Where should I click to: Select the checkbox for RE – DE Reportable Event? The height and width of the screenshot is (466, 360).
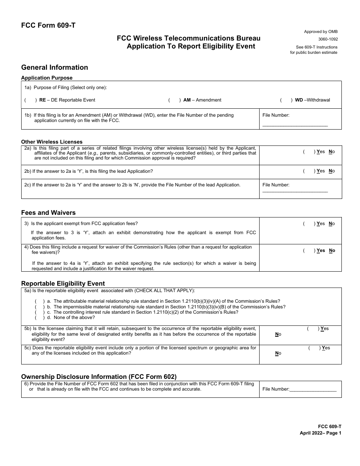point(30,100)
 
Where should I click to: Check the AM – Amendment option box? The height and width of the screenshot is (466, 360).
point(174,100)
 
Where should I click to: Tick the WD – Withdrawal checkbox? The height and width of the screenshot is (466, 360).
point(286,100)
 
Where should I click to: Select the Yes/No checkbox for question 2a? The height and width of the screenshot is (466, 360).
point(309,152)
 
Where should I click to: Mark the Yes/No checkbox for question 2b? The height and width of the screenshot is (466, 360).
point(309,171)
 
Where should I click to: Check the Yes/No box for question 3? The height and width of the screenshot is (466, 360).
point(309,224)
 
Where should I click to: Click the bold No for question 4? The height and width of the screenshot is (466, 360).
point(332,250)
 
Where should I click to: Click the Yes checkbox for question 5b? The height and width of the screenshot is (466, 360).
point(313,328)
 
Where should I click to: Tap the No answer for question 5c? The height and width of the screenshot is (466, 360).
point(278,353)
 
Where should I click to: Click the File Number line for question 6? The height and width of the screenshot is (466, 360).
point(313,389)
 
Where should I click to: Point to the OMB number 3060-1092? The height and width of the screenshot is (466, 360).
point(328,39)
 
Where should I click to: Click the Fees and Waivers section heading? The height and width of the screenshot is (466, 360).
point(48,213)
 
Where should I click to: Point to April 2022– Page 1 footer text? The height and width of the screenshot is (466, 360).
point(320,433)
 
